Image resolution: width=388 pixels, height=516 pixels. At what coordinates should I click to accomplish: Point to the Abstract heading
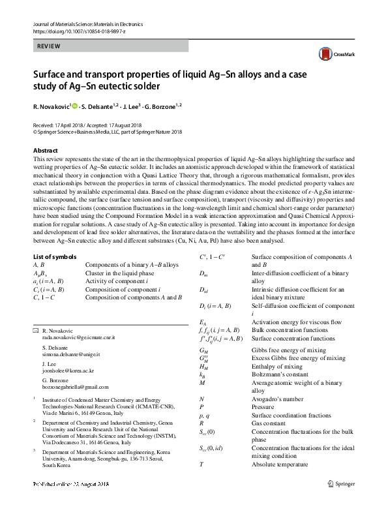45,150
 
